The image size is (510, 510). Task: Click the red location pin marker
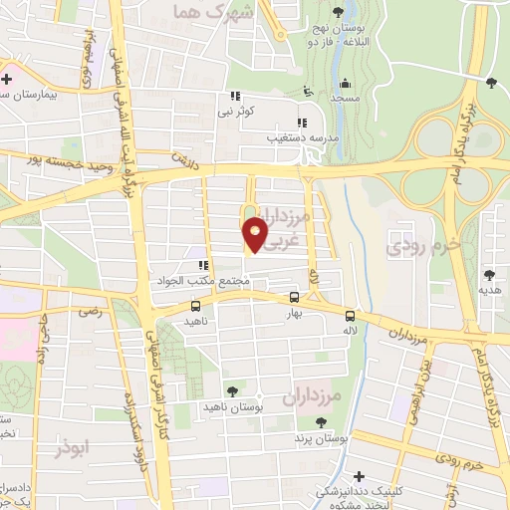pos(255,233)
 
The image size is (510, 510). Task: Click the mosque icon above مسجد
pos(345,83)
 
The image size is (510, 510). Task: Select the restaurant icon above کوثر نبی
pos(234,97)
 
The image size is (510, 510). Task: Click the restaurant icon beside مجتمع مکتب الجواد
pos(202,266)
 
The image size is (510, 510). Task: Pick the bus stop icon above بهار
pos(293,297)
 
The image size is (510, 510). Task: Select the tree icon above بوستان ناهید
pos(232,392)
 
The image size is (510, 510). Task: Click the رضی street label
pos(93,312)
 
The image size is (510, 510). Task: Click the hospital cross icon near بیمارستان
pos(8,78)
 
